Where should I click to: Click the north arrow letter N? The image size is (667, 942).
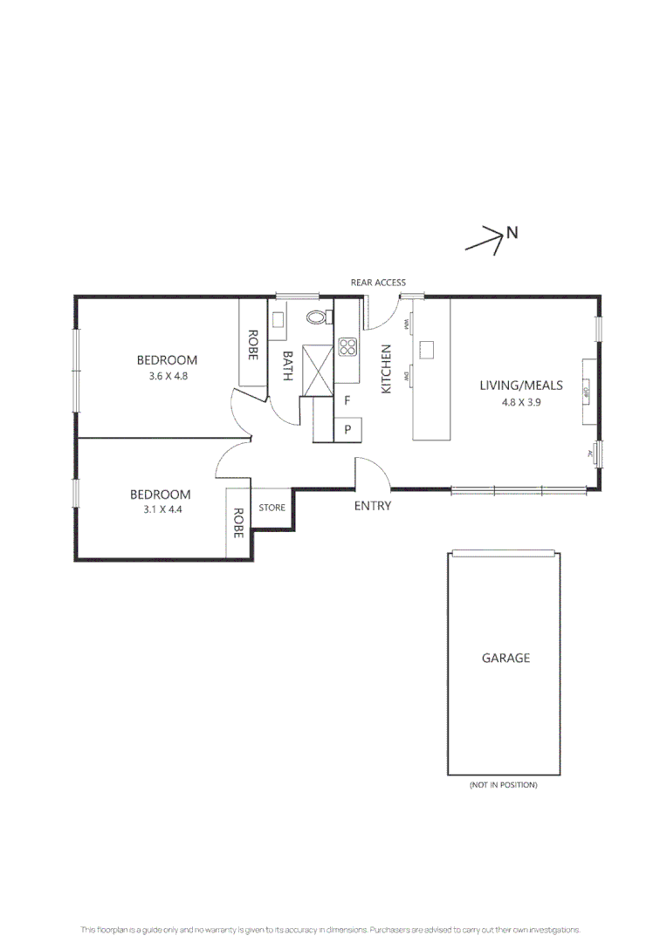pyautogui.click(x=512, y=232)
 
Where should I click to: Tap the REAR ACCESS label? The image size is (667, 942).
pyautogui.click(x=378, y=283)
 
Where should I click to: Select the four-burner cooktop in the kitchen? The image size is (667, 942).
pyautogui.click(x=347, y=347)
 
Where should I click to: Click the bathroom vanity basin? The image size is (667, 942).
pyautogui.click(x=278, y=319)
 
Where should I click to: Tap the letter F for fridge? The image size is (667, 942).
pyautogui.click(x=347, y=401)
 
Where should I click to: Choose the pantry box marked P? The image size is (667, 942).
pyautogui.click(x=347, y=428)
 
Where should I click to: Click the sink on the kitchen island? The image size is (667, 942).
pyautogui.click(x=427, y=349)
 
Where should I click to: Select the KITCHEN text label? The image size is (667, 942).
pyautogui.click(x=386, y=369)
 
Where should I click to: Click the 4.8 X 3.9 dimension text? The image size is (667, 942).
pyautogui.click(x=520, y=402)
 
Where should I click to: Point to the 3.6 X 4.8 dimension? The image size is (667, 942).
pyautogui.click(x=168, y=377)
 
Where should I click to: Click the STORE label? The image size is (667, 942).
pyautogui.click(x=272, y=508)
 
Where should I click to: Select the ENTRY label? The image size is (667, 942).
pyautogui.click(x=373, y=506)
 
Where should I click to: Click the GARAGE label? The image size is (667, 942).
pyautogui.click(x=505, y=658)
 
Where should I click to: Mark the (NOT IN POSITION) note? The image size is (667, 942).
pyautogui.click(x=504, y=785)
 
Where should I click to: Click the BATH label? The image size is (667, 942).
pyautogui.click(x=287, y=369)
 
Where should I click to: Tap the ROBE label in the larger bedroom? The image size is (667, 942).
pyautogui.click(x=252, y=345)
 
